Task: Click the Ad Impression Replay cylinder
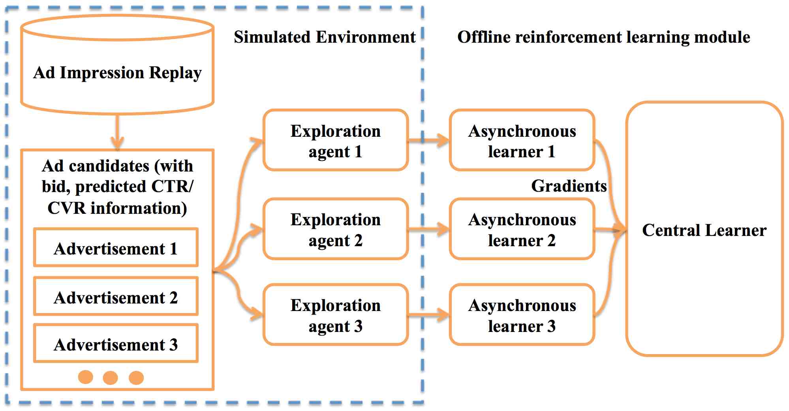(x=117, y=73)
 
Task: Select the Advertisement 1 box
(x=116, y=249)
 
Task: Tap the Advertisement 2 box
(x=116, y=297)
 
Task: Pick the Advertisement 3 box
(x=116, y=344)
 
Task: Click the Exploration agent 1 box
(x=335, y=141)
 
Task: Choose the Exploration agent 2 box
(x=335, y=230)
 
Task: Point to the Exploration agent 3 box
(x=335, y=315)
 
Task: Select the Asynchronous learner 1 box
(x=522, y=141)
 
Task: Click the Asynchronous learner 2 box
(x=522, y=230)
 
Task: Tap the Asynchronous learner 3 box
(x=522, y=315)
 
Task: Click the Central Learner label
(x=704, y=230)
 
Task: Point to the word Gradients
(x=569, y=186)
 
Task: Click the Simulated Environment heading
(x=325, y=37)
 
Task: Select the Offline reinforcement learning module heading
(x=603, y=37)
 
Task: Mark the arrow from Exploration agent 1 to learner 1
(x=429, y=140)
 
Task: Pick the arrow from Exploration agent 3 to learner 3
(x=429, y=315)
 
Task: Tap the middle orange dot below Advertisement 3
(x=110, y=378)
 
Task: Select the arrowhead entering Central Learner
(x=621, y=229)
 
